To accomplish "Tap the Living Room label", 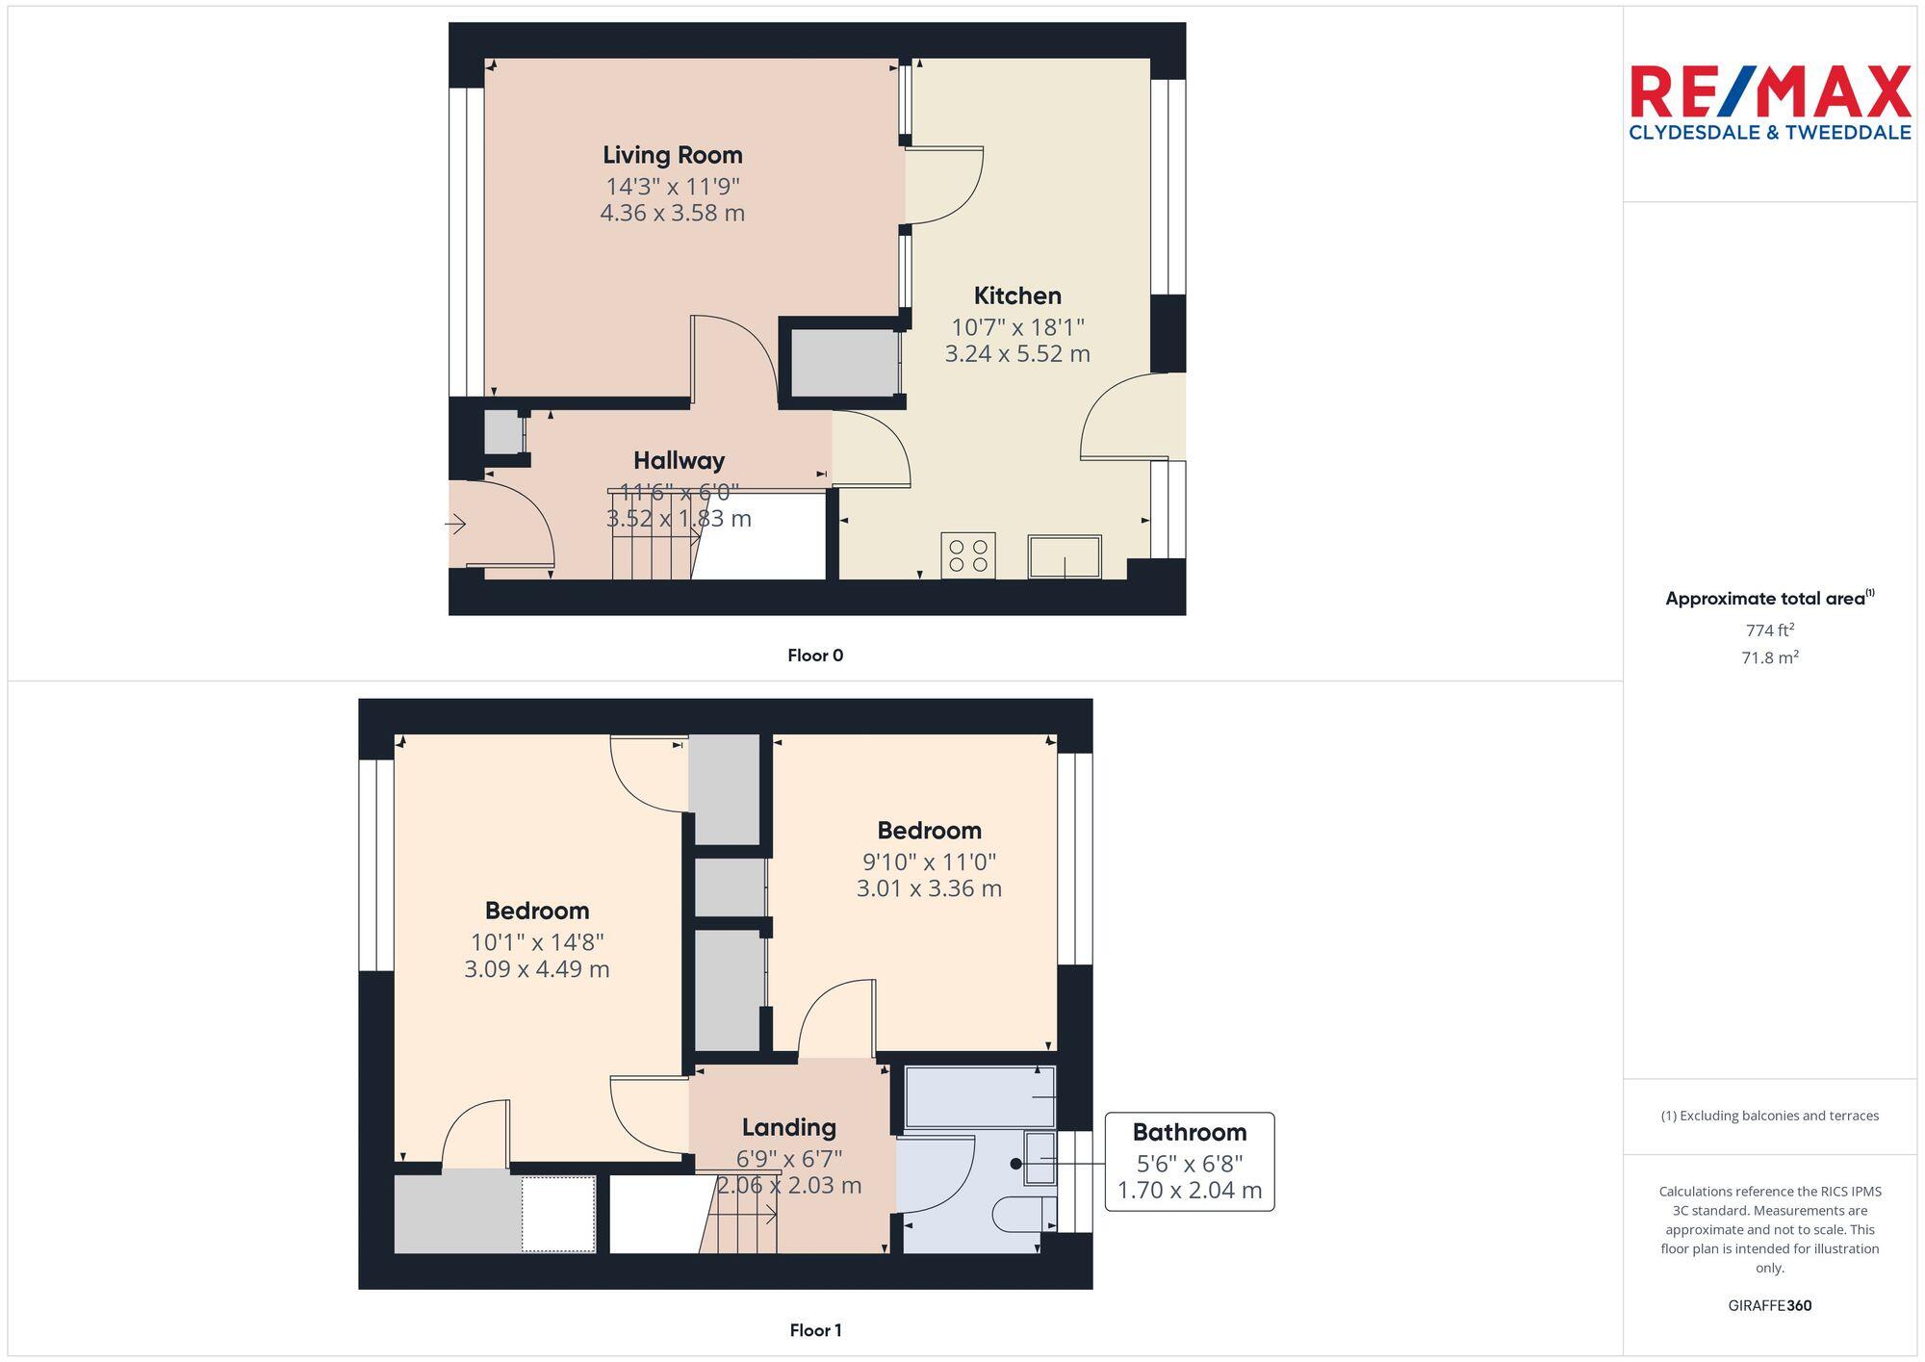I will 672,155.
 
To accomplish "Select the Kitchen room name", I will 1016,296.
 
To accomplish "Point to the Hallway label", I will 679,460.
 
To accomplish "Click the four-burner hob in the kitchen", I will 967,555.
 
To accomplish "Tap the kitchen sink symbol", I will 1065,556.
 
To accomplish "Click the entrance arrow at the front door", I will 455,525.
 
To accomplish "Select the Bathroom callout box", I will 1189,1161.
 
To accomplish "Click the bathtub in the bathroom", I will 980,1096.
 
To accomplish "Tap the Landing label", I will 788,1127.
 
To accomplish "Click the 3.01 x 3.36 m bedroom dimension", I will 929,888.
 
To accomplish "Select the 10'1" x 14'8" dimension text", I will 537,941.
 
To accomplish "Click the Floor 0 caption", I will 815,655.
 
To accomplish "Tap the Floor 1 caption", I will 815,1330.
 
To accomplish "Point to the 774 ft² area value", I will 1769,630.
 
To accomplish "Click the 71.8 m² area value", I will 1769,657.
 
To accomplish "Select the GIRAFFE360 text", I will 1769,1305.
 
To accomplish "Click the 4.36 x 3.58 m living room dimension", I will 672,213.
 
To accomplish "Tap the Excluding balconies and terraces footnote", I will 1769,1116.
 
